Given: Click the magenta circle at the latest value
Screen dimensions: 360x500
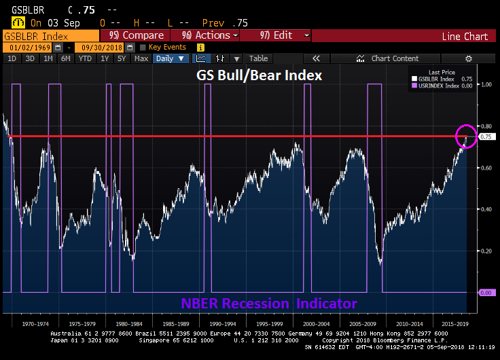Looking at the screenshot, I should [x=466, y=136].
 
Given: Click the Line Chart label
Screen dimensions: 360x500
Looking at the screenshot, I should [x=465, y=36].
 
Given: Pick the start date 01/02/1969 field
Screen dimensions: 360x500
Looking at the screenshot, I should [x=31, y=48].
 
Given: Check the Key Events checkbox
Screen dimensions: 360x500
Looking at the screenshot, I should [x=143, y=48].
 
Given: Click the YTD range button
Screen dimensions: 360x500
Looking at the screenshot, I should [x=84, y=58].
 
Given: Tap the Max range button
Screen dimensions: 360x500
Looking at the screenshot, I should [x=141, y=58].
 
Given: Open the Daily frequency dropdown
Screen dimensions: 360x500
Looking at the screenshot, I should [x=170, y=58].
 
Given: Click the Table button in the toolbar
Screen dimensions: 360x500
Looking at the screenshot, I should [x=258, y=58].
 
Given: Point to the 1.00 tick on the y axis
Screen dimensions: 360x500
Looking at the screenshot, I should [x=486, y=84].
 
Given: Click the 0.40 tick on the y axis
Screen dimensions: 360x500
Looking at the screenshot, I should [x=486, y=209].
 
